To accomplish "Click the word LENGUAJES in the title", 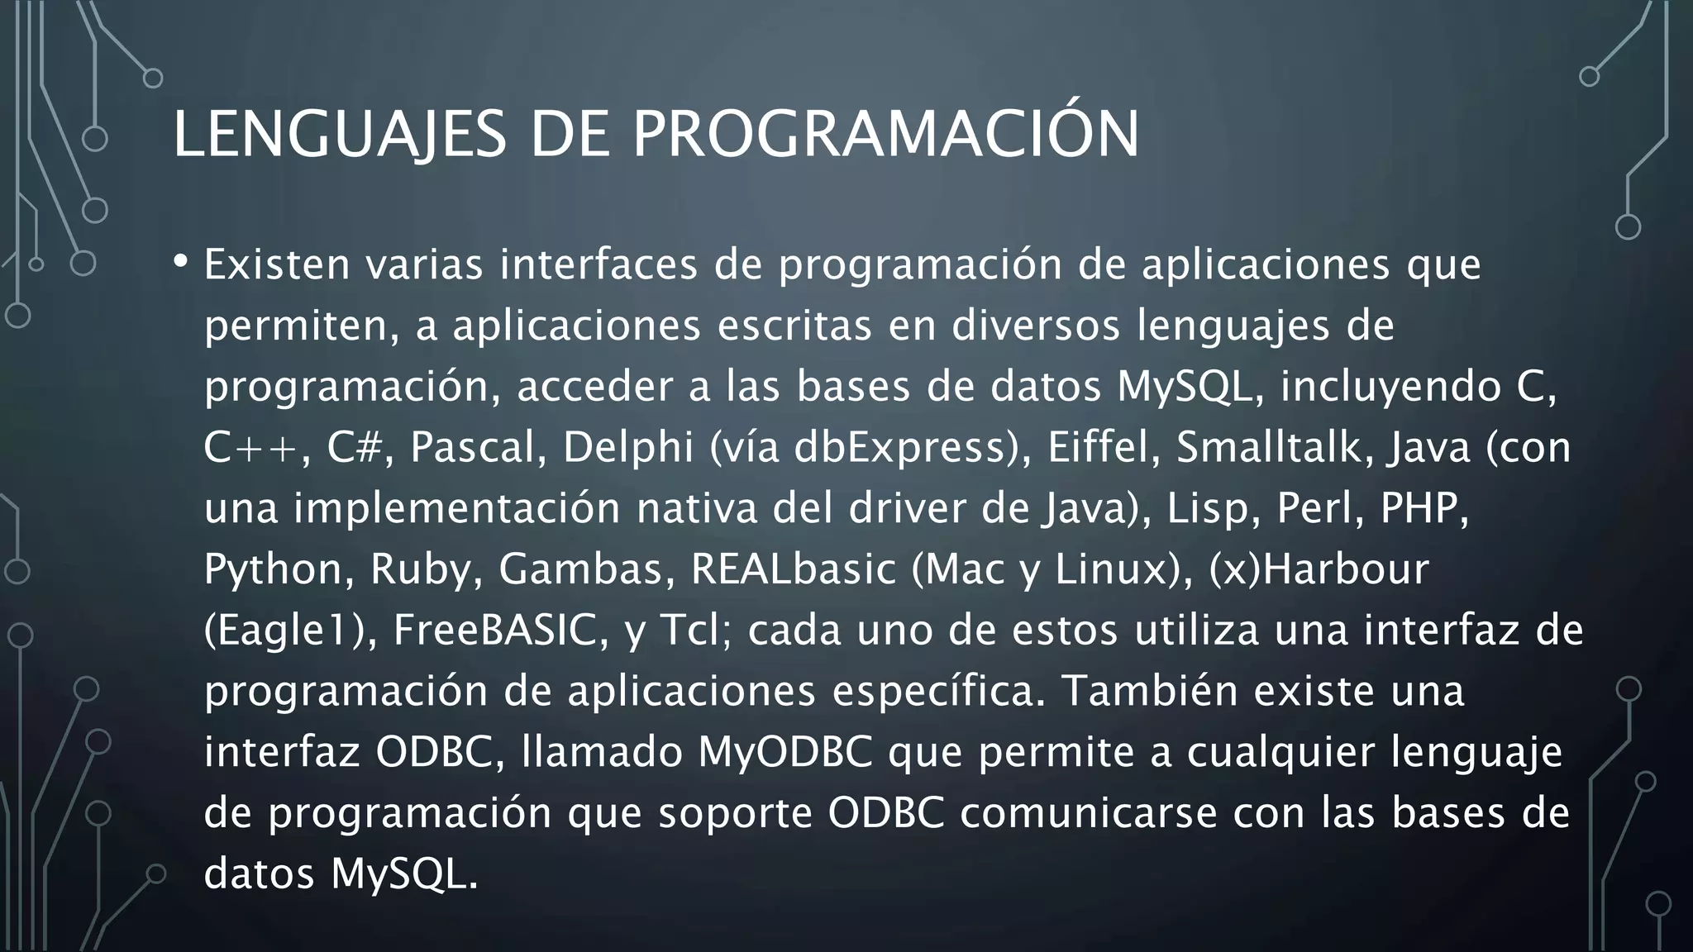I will click(339, 134).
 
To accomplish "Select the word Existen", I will click(277, 264).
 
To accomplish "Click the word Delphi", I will click(627, 447).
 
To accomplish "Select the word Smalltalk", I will click(1273, 447).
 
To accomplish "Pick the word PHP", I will click(1423, 508).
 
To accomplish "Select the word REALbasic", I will click(794, 569).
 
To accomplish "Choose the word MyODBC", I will click(785, 752).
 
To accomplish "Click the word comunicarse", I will click(1088, 812).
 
